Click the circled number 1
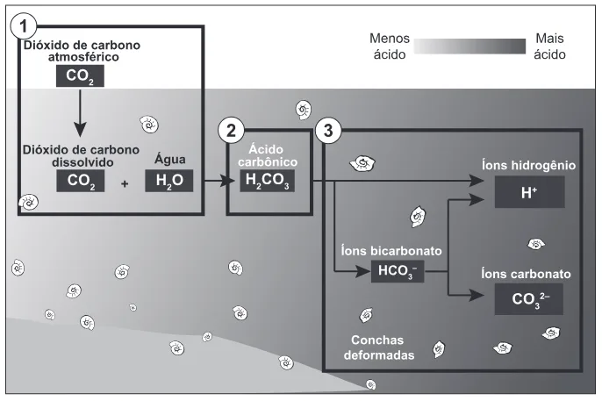point(23,26)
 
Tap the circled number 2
point(231,131)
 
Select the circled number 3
point(328,131)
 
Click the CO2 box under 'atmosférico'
point(80,75)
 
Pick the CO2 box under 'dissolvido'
point(81,181)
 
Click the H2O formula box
point(168,181)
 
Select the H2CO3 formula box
point(267,181)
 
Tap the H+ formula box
point(529,192)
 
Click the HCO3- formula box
point(398,271)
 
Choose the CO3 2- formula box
point(529,299)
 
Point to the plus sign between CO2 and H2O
point(125,183)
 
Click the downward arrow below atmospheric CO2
point(80,113)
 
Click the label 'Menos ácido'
point(390,47)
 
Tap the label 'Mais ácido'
point(549,47)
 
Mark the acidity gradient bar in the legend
point(469,47)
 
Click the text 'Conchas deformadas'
point(379,347)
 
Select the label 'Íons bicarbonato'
point(391,251)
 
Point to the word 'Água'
point(169,159)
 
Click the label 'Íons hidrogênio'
point(528,165)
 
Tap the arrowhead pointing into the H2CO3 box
point(228,181)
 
